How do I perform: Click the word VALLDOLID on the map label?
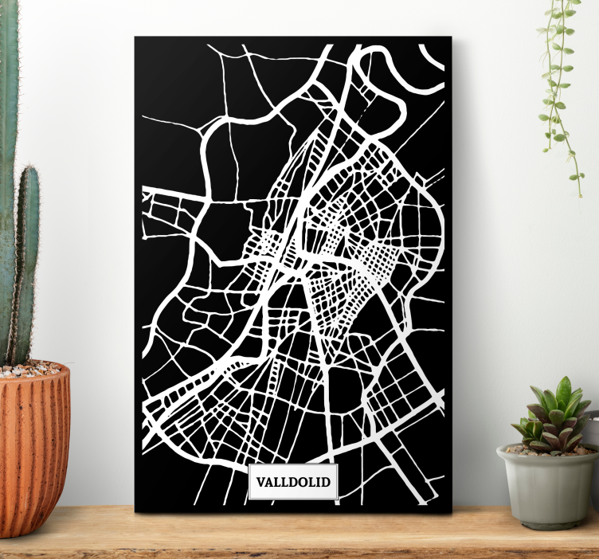point(293,482)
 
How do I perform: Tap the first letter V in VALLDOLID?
point(260,482)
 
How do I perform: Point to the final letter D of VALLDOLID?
point(326,482)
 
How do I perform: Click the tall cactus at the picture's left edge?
point(7,159)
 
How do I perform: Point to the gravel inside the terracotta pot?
point(32,370)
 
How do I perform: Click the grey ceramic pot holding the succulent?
point(547,490)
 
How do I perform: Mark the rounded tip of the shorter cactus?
point(28,171)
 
